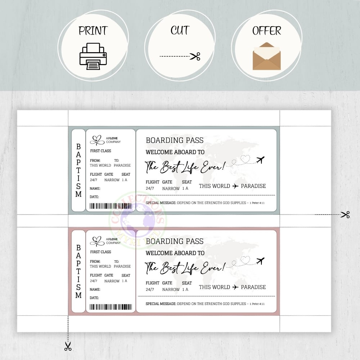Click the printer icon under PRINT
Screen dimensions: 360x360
[x=93, y=56]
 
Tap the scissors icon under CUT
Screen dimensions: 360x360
[x=195, y=56]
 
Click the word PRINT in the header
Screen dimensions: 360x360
[x=93, y=31]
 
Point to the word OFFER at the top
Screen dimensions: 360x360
[x=267, y=31]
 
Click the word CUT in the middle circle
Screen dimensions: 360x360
[x=180, y=31]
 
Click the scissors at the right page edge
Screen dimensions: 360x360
[x=345, y=215]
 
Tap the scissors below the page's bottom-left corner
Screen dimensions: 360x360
[x=68, y=346]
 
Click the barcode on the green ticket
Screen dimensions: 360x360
[x=111, y=206]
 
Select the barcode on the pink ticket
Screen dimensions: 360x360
[x=111, y=307]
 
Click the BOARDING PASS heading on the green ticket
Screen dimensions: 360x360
[x=175, y=140]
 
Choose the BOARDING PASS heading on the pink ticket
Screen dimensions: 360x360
[x=175, y=241]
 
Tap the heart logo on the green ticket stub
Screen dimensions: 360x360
[x=97, y=140]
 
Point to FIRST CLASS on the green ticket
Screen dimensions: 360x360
[x=100, y=151]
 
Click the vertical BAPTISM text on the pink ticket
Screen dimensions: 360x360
[x=78, y=271]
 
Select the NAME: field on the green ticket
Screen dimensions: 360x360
[x=95, y=189]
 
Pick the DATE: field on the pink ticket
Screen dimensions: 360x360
[x=94, y=298]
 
